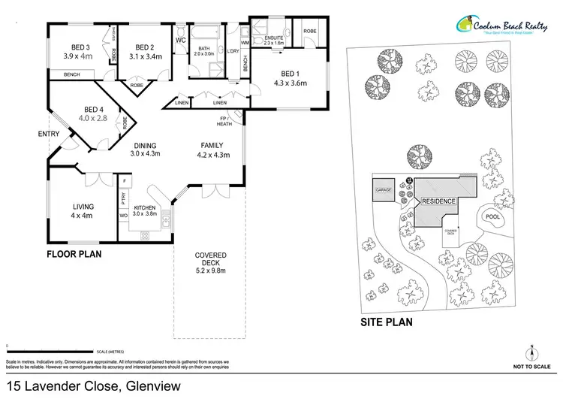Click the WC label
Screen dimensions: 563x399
[x=180, y=40]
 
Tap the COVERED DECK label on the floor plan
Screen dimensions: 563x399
[x=210, y=255]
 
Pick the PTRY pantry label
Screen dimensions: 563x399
[x=123, y=200]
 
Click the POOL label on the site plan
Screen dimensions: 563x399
[x=492, y=217]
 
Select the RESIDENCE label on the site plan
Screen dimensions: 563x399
[x=439, y=202]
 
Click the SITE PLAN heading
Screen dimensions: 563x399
[x=387, y=323]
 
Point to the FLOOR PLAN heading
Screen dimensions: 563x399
[x=74, y=254]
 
